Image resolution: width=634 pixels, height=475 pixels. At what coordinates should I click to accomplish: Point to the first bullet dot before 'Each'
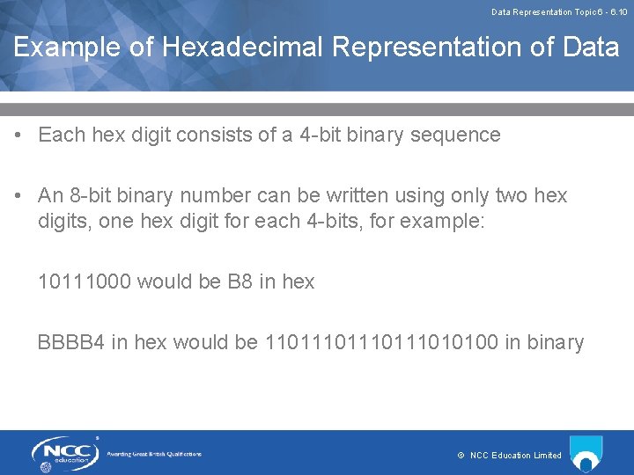coord(18,135)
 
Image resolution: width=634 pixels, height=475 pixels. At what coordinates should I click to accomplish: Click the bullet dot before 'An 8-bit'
coord(18,195)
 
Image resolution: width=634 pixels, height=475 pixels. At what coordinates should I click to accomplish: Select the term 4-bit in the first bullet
coord(314,135)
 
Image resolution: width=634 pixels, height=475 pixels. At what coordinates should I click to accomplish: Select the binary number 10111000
coord(85,282)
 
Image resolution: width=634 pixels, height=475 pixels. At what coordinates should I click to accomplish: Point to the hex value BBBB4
coord(71,342)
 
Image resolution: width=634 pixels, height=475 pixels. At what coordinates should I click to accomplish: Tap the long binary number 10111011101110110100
coord(381,342)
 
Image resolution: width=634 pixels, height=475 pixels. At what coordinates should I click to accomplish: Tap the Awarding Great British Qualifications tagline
coord(154,454)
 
